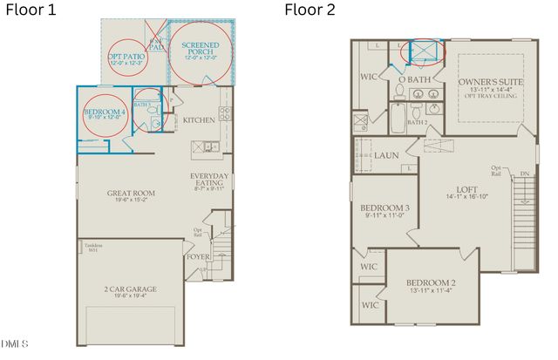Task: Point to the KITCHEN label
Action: tap(199, 120)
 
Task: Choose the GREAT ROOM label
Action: tap(131, 194)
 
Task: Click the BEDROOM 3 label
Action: tap(384, 208)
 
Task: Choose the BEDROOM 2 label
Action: tap(430, 283)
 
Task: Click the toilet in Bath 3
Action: tap(155, 125)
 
